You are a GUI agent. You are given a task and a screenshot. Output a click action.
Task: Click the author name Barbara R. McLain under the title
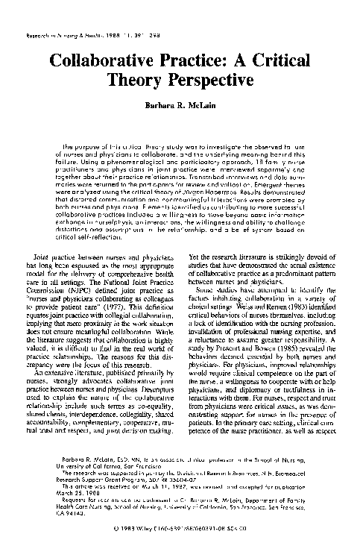click(179, 106)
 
